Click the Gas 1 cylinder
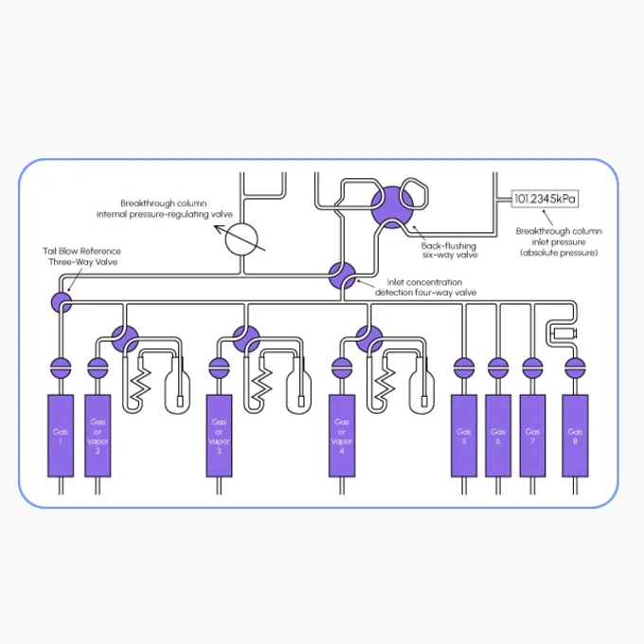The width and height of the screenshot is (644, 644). tap(61, 436)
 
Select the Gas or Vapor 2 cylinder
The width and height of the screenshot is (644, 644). tap(98, 436)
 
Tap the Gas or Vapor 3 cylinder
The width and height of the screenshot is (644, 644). tap(219, 436)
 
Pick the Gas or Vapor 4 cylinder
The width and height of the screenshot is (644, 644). tap(342, 436)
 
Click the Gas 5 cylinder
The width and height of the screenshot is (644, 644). tap(464, 436)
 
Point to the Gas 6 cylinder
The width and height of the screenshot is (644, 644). tap(498, 436)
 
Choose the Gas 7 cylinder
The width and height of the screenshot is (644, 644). tap(532, 436)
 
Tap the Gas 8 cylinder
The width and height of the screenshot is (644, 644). tap(575, 436)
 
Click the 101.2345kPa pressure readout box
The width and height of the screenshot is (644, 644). tap(545, 199)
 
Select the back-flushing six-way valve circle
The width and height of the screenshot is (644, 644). tap(392, 207)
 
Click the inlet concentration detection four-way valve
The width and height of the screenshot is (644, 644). tap(342, 276)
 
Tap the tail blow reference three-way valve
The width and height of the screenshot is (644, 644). tap(62, 303)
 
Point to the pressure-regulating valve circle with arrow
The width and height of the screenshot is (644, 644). tap(241, 240)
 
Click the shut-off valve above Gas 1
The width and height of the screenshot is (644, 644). tap(61, 368)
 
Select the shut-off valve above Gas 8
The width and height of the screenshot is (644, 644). tap(575, 368)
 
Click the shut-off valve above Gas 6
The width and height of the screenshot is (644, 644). tap(498, 368)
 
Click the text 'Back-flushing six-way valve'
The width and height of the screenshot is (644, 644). tap(449, 250)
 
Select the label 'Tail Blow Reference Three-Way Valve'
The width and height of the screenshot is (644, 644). tap(81, 257)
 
